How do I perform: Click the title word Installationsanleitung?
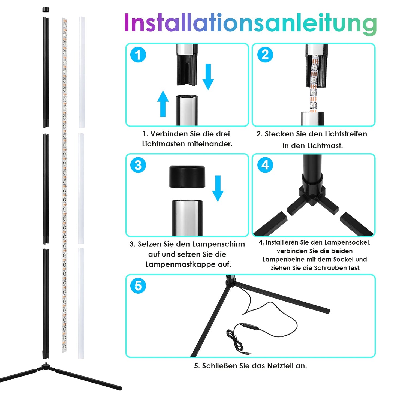(x=251, y=23)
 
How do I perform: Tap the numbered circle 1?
(x=138, y=55)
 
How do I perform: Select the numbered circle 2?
(x=265, y=55)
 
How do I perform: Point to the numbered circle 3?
(x=138, y=165)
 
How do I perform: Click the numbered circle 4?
(x=265, y=165)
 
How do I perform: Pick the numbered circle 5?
(x=138, y=286)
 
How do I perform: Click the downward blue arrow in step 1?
(x=208, y=77)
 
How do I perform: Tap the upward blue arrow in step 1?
(x=163, y=104)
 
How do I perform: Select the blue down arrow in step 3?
(x=218, y=188)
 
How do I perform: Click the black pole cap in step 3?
(x=187, y=177)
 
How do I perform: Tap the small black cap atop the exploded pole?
(x=46, y=10)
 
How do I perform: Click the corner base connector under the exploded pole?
(x=46, y=367)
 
